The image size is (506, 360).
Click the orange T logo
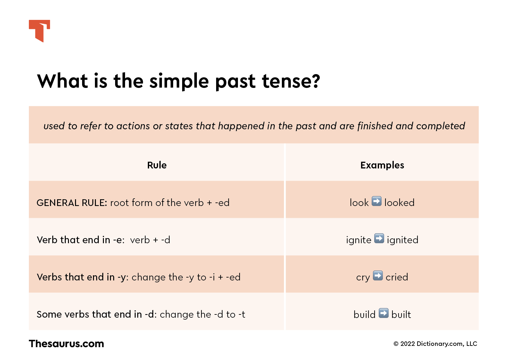point(39,30)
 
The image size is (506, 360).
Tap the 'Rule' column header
point(157,165)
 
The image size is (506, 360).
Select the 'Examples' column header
point(382,165)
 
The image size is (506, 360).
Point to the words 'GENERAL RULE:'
point(72,203)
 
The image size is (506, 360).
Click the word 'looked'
point(399,203)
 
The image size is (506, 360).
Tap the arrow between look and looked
point(376,201)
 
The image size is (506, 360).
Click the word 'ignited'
point(402,240)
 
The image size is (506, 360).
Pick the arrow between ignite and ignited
point(379,238)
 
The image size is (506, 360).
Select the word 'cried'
point(397,277)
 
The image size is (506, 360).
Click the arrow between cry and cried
point(378,276)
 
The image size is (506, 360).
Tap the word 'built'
point(401,314)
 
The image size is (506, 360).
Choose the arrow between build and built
point(384,313)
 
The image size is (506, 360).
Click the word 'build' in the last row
point(364,314)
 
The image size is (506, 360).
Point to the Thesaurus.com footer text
point(66,344)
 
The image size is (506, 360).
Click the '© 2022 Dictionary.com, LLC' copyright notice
point(435,344)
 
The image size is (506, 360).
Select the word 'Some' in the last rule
point(49,314)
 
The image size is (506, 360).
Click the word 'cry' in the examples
point(363,278)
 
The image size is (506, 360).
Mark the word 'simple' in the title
point(179,81)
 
